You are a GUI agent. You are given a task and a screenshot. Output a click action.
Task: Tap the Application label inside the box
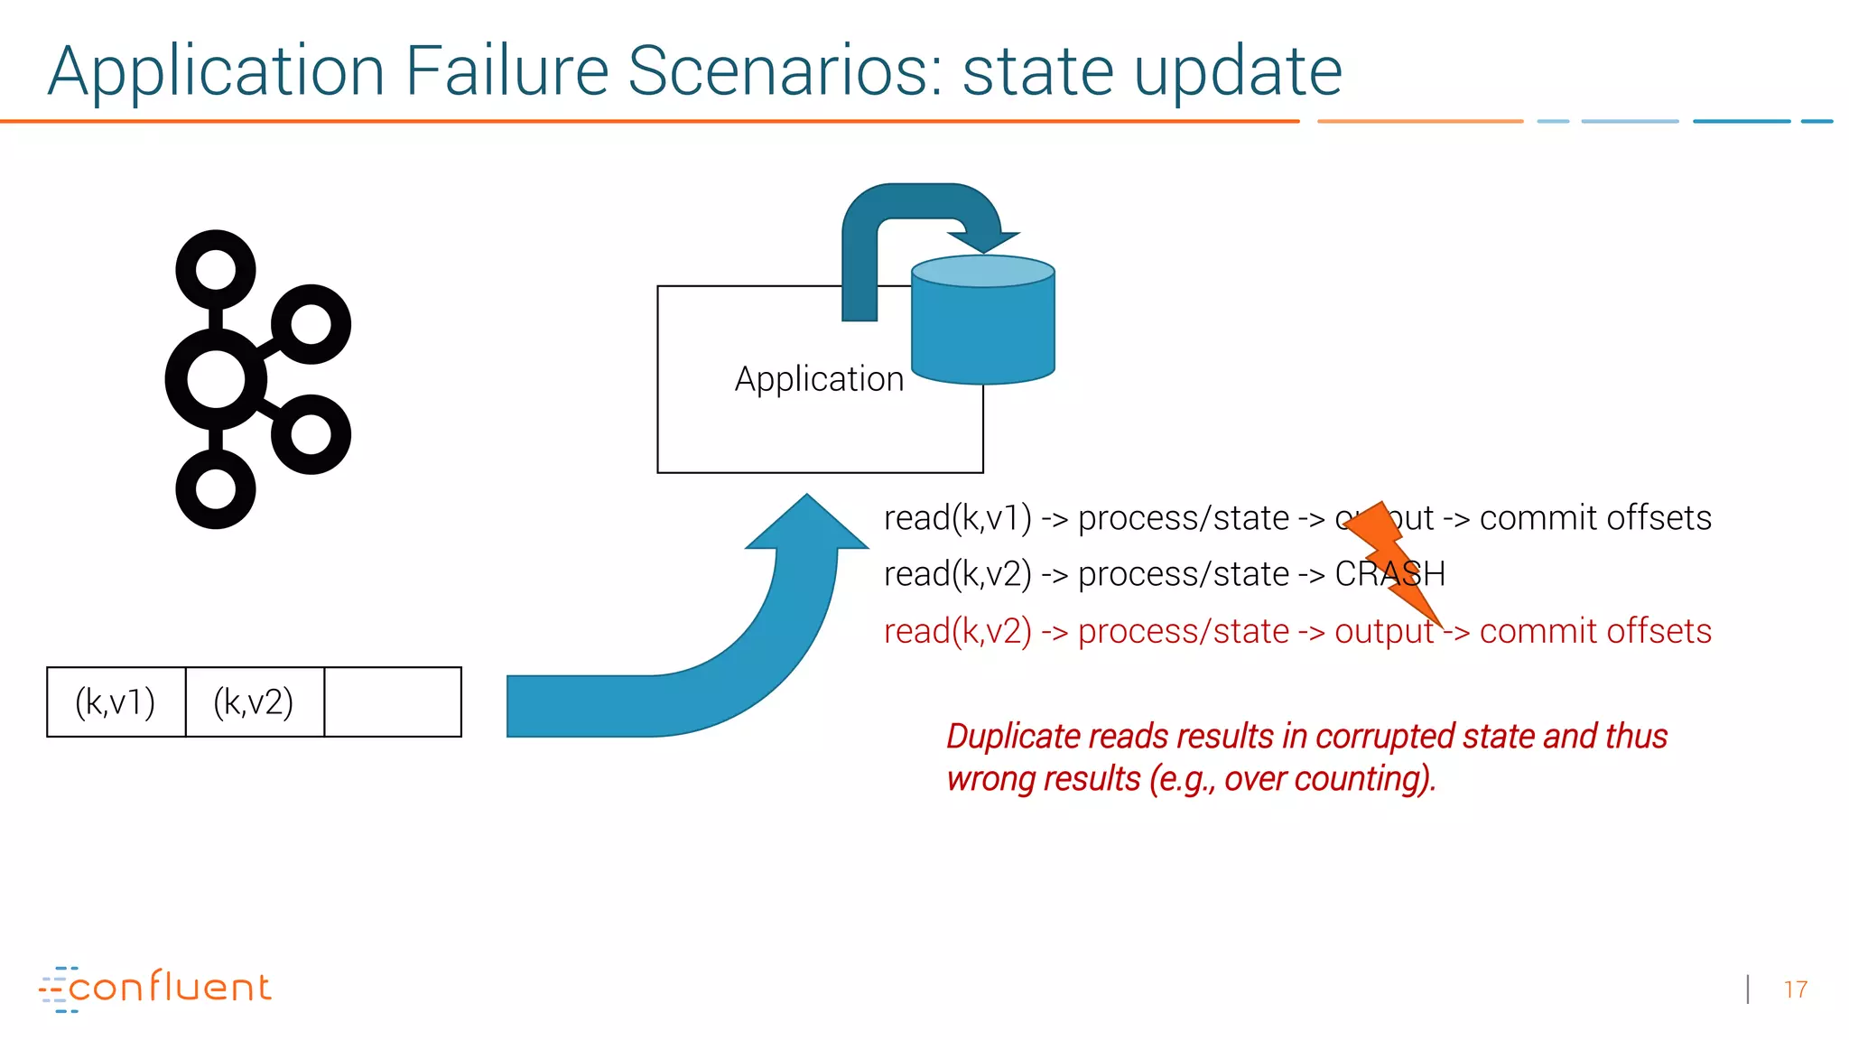pos(819,379)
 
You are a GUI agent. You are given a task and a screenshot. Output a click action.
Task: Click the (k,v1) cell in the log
pos(116,702)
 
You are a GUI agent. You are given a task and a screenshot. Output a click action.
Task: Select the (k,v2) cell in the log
pos(254,702)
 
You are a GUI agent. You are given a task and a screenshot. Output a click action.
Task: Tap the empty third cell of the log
pos(393,702)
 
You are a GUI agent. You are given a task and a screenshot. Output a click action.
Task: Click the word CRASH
pos(1389,574)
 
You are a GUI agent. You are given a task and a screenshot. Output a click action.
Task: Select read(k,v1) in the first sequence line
pos(957,518)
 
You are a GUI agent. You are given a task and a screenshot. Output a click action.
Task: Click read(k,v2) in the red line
pos(957,631)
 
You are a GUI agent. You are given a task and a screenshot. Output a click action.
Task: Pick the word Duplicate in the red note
pos(1012,737)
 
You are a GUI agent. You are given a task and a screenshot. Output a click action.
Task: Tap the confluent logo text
pos(169,988)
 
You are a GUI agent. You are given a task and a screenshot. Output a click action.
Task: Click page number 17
pos(1795,990)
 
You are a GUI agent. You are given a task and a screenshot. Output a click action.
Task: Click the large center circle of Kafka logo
pos(216,379)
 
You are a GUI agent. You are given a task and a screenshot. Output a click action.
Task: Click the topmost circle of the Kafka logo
pos(216,269)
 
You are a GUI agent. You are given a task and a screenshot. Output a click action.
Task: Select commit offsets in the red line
pos(1594,631)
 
